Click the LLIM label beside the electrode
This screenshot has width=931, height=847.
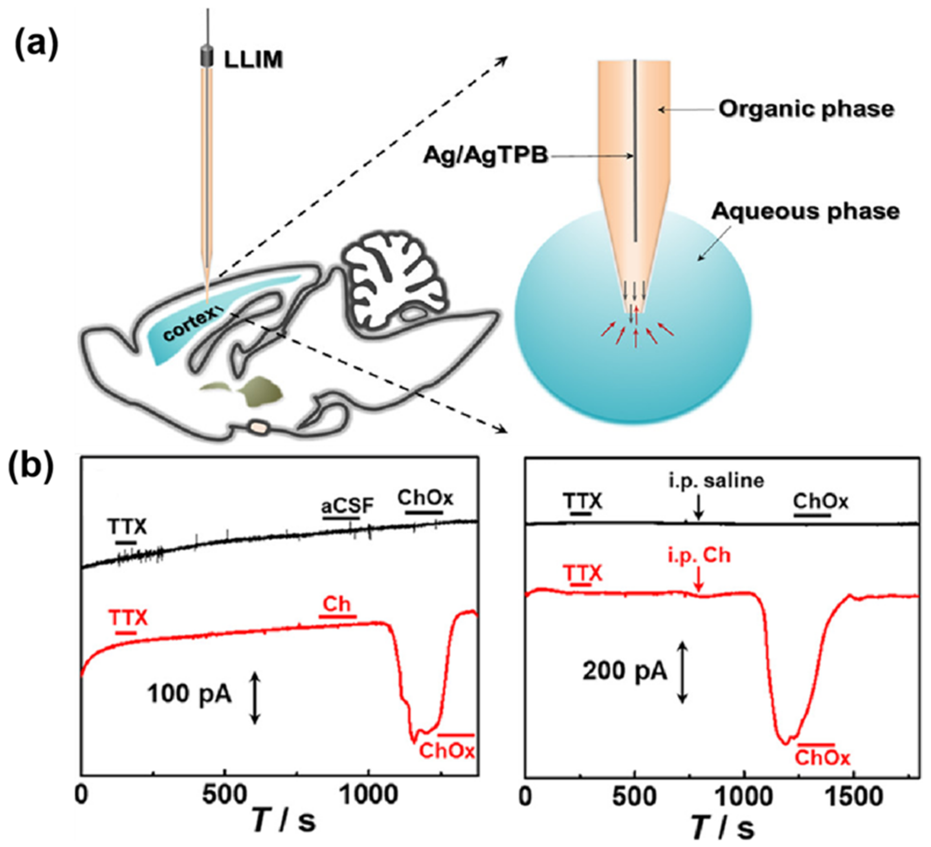click(253, 60)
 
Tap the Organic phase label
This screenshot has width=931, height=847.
click(806, 109)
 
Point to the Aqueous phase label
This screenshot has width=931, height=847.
click(805, 212)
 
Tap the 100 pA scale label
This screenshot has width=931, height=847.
click(189, 693)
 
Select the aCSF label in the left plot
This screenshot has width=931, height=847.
click(347, 507)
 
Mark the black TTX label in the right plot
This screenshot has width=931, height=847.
click(582, 501)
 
